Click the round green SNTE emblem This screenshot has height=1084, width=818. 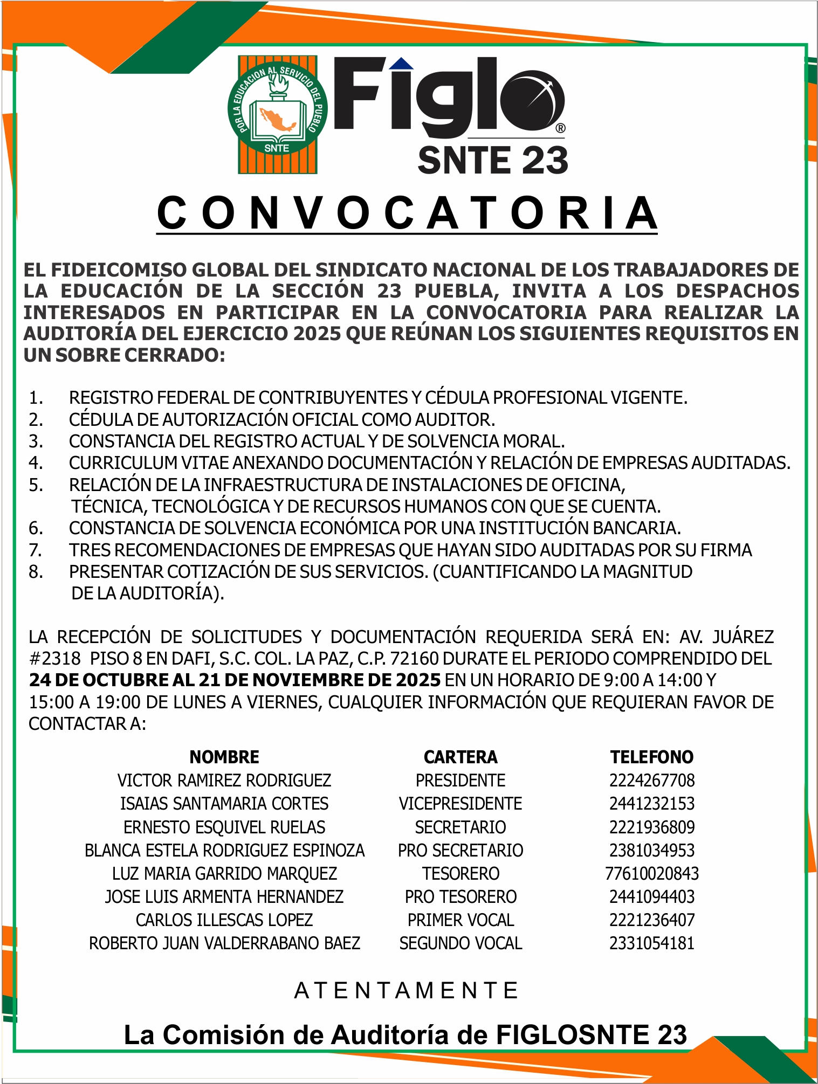(277, 114)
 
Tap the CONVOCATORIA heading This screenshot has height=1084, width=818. (407, 213)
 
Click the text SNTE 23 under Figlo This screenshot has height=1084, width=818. (492, 160)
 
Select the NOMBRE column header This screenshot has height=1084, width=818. (224, 757)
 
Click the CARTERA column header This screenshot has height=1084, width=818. (460, 757)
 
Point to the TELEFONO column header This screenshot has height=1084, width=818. (651, 757)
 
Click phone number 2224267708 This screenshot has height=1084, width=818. (651, 780)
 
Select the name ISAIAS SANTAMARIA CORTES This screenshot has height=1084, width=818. (224, 803)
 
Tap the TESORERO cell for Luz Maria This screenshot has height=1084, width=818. (460, 873)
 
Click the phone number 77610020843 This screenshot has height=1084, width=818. (651, 873)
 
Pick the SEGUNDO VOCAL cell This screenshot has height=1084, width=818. (460, 943)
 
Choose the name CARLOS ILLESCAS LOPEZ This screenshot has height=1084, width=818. (224, 920)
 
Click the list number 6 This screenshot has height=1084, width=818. (36, 528)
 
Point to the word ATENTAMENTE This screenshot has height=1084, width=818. (407, 990)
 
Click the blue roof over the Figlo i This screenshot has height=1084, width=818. (401, 64)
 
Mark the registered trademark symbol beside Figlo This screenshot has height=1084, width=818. (560, 128)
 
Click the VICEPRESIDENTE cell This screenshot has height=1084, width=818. (460, 803)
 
